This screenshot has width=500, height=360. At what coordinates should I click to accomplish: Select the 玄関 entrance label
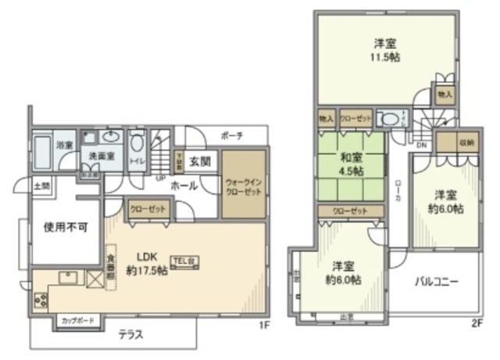click(200, 162)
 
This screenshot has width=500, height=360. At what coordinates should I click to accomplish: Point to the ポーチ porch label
click(231, 135)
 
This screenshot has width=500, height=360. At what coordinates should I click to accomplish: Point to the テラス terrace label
click(130, 335)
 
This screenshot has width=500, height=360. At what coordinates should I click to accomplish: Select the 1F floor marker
click(266, 325)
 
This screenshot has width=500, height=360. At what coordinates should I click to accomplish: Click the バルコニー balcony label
click(436, 280)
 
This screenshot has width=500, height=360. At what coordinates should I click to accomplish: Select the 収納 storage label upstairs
click(466, 143)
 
